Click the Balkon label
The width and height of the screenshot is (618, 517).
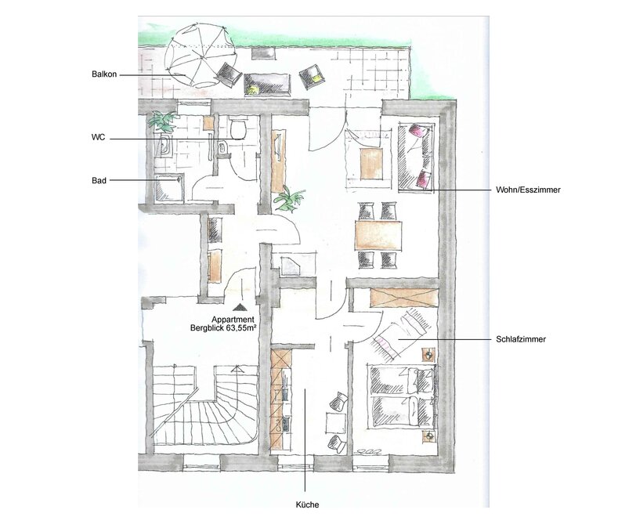pos(104,74)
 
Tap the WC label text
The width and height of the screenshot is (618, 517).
pos(98,138)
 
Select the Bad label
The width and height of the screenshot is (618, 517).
pos(99,180)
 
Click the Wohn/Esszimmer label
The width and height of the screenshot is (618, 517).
pos(528,190)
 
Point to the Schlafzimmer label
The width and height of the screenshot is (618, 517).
pos(521,339)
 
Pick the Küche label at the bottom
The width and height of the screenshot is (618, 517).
pos(307,504)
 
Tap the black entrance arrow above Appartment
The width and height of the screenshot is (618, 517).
pos(239,308)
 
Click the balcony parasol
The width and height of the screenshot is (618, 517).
pos(201,56)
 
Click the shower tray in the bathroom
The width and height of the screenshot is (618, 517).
pos(169,187)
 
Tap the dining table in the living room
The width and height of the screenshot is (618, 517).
pos(378,235)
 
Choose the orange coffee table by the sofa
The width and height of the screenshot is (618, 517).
pos(371,163)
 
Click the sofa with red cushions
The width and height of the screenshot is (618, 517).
pos(416,157)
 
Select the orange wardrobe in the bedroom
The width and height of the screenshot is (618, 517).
pos(404,298)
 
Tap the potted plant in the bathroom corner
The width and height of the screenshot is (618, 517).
pos(162,120)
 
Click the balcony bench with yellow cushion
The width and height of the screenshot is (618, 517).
pos(268,85)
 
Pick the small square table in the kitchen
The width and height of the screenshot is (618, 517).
pos(335,422)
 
